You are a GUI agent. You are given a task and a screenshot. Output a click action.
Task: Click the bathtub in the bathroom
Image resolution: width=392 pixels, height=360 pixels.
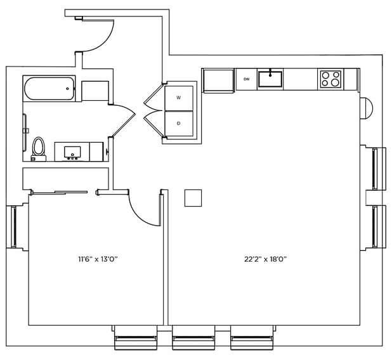(49, 89)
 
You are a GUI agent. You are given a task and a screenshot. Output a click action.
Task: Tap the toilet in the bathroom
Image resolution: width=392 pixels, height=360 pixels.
(38, 149)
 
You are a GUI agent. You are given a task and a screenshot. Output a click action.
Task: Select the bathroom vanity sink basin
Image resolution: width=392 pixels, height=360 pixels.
(72, 152)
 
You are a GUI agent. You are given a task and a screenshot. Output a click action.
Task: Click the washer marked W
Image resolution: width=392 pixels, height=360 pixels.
(179, 98)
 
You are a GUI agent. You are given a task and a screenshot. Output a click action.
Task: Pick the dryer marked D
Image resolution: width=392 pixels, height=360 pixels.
(179, 124)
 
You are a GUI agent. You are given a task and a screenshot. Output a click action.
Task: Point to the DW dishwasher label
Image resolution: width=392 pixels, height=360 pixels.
(247, 79)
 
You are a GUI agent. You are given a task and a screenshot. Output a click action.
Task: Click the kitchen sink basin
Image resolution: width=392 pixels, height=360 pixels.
(270, 79)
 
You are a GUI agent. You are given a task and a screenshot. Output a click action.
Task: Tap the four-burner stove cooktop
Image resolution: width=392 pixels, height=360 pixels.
(330, 79)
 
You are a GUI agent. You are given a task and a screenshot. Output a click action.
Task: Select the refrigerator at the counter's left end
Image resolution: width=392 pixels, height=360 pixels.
(218, 80)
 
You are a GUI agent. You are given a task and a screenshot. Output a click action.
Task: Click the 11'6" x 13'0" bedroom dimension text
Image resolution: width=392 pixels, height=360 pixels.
(98, 259)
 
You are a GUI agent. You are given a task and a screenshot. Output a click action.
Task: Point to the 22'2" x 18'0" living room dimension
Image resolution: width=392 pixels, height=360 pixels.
(265, 259)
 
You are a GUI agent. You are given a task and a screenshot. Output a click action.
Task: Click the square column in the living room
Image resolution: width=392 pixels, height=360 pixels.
(193, 198)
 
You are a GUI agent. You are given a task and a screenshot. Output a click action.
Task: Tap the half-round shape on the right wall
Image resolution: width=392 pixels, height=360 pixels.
(367, 108)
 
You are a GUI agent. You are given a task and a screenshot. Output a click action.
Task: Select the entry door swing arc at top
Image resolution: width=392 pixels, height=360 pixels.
(107, 40)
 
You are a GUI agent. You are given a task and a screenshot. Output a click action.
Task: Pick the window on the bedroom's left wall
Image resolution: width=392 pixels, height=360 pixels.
(13, 227)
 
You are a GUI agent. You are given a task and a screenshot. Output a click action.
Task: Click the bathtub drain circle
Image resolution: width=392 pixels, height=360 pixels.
(67, 89)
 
